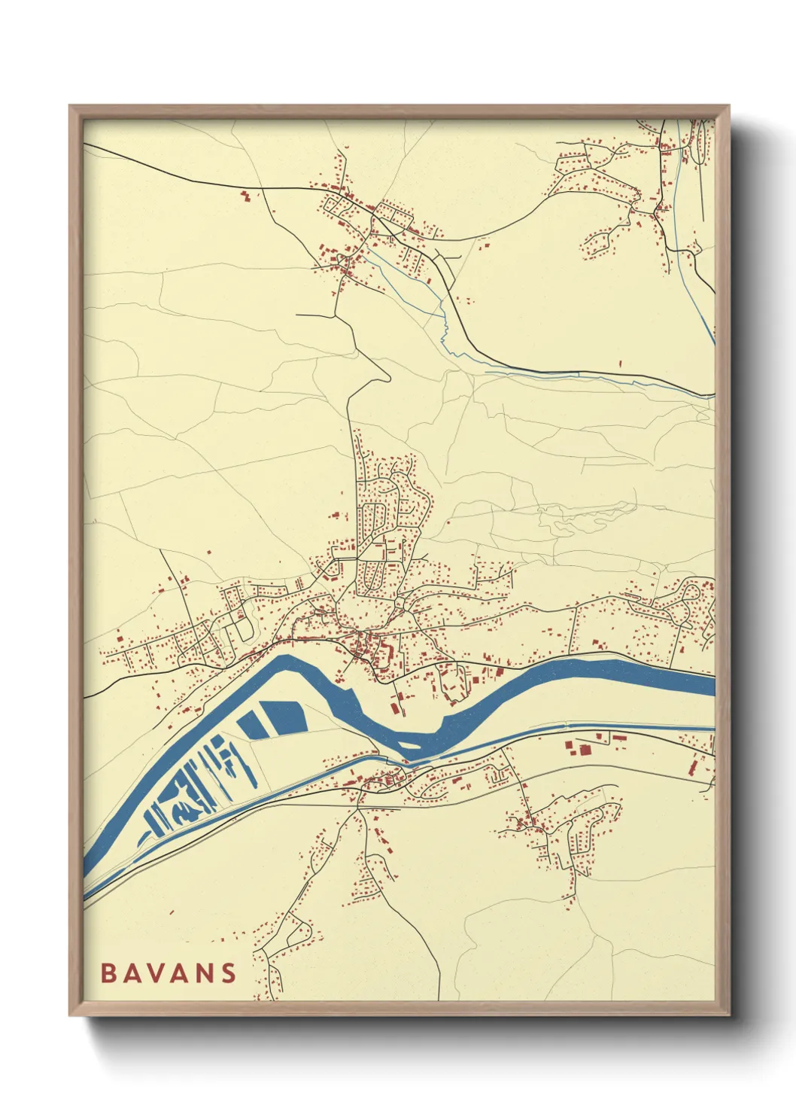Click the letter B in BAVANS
(x=108, y=973)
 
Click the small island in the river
(x=409, y=746)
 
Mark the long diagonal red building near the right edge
(x=693, y=767)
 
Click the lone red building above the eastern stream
(x=621, y=364)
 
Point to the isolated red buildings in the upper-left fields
(x=245, y=196)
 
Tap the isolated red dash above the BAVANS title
(x=172, y=913)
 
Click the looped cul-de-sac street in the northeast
(x=600, y=242)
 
